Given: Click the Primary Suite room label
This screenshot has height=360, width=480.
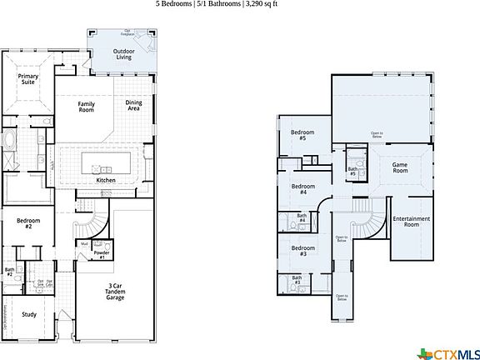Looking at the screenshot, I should pos(29,79).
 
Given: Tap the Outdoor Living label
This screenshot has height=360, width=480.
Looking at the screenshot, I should pos(123,54).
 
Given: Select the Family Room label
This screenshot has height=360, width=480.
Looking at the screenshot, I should pos(86,107).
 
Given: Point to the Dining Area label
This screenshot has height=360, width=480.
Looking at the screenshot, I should pos(133,105).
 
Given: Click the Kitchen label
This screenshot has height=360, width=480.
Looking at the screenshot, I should pos(106,180).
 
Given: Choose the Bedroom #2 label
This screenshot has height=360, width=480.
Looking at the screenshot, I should pos(24,223).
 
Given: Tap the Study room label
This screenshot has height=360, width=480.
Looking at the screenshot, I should pos(29,314).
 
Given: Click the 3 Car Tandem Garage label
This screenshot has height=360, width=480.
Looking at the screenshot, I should pos(116,292).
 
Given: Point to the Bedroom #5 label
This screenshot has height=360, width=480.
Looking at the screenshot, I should pos(298,135).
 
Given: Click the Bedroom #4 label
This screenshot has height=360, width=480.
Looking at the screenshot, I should pos(303,189).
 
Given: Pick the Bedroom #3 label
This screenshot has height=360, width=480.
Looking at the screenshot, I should pos(303,250).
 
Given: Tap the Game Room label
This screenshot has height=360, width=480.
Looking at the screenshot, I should pos(405,167).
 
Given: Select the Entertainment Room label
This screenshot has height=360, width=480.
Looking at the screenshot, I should pos(412,222).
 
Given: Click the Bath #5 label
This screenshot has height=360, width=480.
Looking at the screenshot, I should pos(352,172).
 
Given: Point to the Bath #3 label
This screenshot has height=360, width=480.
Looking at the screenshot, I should pos(297,281).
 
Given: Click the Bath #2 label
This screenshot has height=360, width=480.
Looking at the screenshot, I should pos(9,271).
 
